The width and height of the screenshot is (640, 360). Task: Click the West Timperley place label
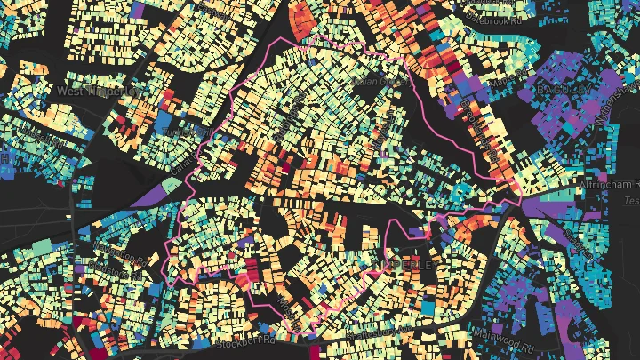(98, 91)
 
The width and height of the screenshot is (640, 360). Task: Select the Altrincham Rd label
(613, 183)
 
